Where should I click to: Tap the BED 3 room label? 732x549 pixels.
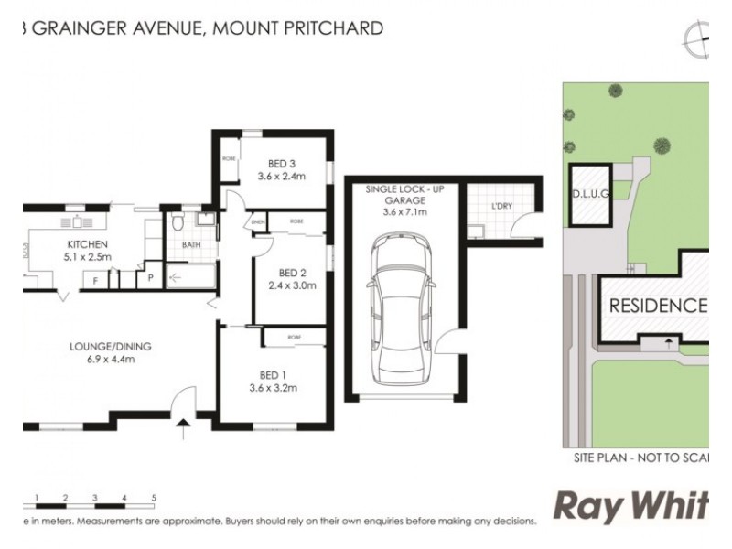click(x=280, y=164)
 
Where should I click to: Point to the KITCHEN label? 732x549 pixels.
click(x=88, y=244)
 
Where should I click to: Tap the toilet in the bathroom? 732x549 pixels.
click(x=179, y=222)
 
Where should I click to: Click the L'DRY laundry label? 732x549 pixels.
click(x=501, y=207)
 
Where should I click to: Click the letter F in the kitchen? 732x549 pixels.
click(x=95, y=281)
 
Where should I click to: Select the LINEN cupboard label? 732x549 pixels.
click(x=258, y=222)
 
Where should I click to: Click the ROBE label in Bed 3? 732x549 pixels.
click(x=229, y=158)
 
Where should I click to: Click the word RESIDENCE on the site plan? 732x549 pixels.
click(x=657, y=306)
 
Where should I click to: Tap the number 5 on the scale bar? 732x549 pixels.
click(x=154, y=497)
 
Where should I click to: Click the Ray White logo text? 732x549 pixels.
click(x=630, y=507)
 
